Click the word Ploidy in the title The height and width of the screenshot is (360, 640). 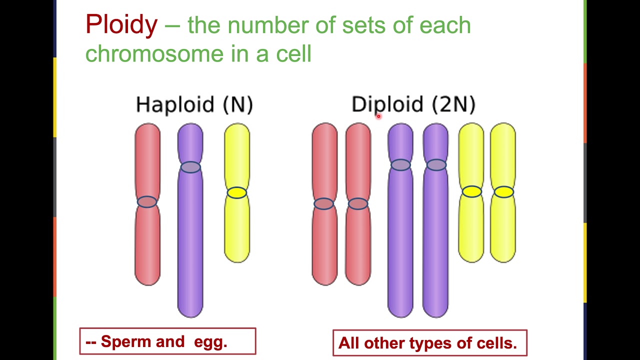(x=121, y=25)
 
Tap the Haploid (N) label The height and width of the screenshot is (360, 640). (x=194, y=105)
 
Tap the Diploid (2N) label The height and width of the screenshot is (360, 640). (x=413, y=105)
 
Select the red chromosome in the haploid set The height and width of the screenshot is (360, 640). (x=147, y=240)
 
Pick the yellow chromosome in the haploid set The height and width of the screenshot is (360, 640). (x=237, y=230)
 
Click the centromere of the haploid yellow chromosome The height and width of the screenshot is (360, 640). (x=237, y=192)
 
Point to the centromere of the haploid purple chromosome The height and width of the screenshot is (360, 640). (x=190, y=167)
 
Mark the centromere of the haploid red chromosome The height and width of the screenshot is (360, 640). (x=147, y=201)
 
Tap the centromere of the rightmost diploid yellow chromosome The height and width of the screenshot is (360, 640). (x=503, y=191)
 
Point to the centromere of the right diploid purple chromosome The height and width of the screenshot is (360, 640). (x=436, y=165)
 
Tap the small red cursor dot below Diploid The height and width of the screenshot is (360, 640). (x=378, y=116)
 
